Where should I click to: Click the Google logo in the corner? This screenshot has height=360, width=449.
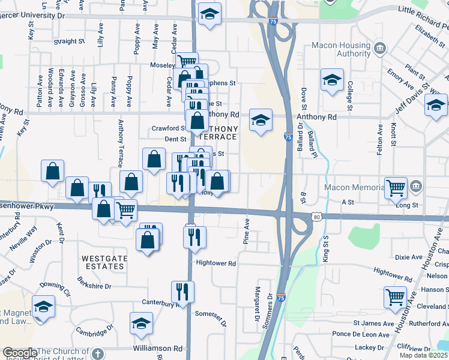tap(19, 353)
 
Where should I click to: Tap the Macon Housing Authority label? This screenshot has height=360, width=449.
tap(340, 50)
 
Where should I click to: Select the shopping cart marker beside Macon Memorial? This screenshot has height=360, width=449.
tap(396, 188)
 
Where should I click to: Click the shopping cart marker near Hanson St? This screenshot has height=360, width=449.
tap(396, 297)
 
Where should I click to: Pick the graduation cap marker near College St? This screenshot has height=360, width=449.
tap(332, 80)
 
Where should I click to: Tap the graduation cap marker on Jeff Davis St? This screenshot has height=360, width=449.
tap(436, 106)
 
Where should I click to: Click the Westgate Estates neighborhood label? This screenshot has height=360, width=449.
tap(105, 259)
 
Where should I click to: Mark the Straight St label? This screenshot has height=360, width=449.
tap(68, 41)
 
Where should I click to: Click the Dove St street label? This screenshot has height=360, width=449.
tap(304, 102)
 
